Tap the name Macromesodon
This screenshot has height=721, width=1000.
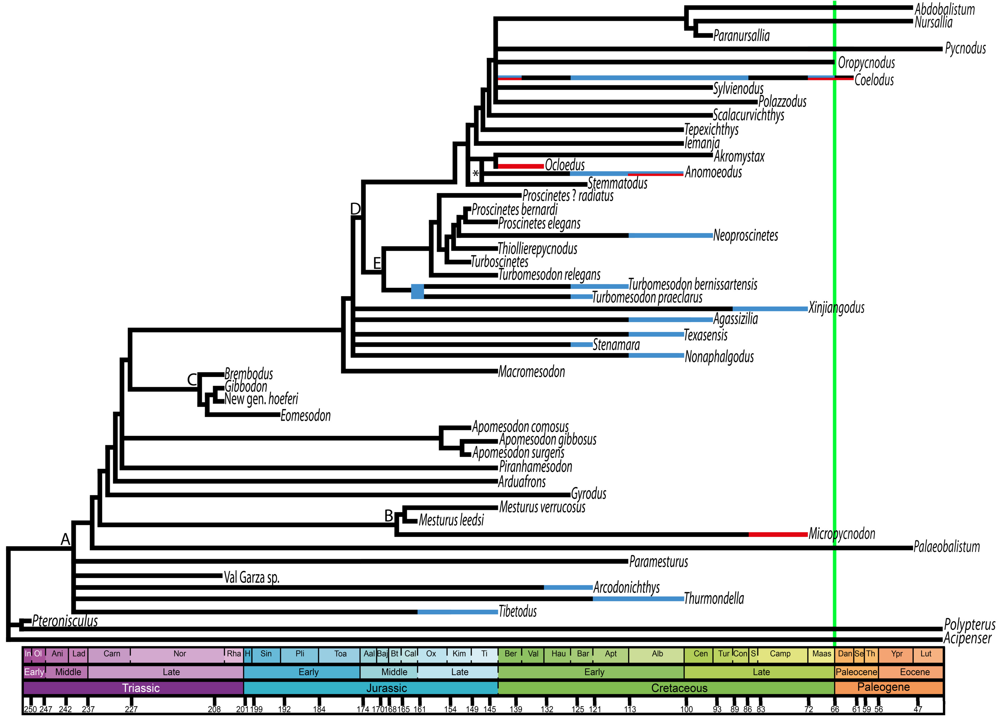tap(531, 372)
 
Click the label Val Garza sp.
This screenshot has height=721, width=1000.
tap(251, 577)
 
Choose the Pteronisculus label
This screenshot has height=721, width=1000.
tap(65, 621)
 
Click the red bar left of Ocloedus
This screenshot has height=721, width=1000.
tap(520, 166)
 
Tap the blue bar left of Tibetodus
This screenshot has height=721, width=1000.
tap(457, 612)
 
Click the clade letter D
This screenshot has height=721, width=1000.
tap(355, 209)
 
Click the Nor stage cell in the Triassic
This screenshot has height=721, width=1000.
tap(180, 653)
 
